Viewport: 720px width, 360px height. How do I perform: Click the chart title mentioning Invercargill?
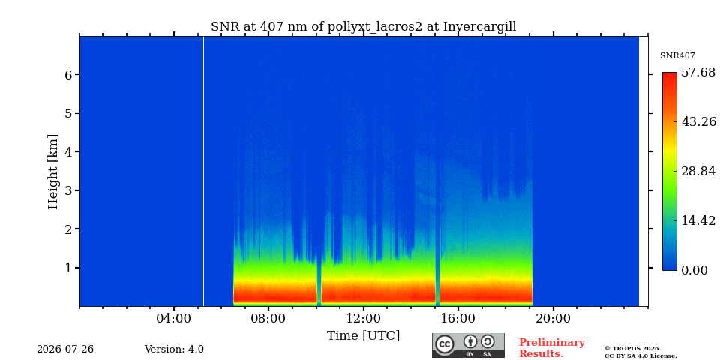(363, 27)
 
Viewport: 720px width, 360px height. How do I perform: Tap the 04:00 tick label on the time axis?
(174, 318)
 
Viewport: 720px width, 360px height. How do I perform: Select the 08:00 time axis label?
(268, 318)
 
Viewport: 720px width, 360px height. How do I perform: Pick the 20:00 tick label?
(553, 318)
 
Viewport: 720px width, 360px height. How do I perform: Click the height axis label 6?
(68, 74)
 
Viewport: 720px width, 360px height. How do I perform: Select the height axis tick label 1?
(68, 268)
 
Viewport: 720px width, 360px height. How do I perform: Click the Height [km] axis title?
(53, 172)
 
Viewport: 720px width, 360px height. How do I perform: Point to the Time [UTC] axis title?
(363, 336)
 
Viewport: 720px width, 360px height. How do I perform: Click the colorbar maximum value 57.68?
(698, 73)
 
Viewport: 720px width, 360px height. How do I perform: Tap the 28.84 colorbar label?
(698, 171)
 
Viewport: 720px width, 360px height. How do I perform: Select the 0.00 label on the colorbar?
(694, 270)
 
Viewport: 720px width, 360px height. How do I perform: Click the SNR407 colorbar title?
(677, 56)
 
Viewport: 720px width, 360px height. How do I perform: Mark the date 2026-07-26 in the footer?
(65, 349)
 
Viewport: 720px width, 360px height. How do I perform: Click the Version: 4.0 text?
(174, 349)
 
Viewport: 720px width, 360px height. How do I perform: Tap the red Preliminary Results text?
(551, 348)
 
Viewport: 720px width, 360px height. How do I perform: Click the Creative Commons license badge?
(468, 345)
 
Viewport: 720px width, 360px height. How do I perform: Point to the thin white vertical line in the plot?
(203, 171)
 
